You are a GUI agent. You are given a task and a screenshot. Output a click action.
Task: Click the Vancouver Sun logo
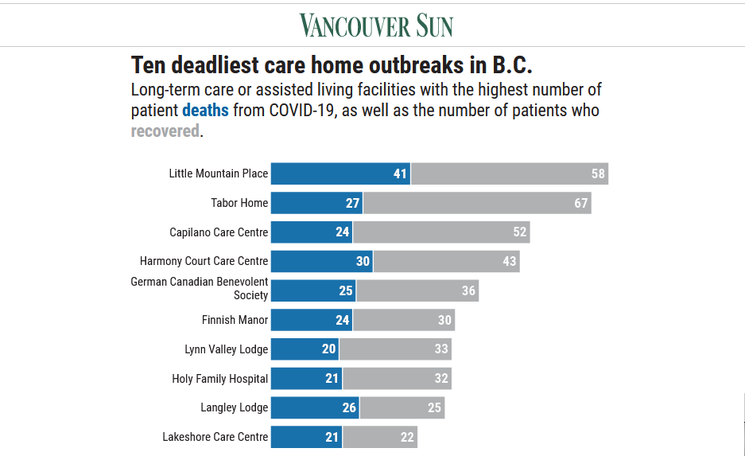pos(376,25)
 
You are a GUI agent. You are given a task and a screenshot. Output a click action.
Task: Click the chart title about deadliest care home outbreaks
pos(332,64)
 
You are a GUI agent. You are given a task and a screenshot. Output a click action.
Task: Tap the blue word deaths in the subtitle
pos(205,110)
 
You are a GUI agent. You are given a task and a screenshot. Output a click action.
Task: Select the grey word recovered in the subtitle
pos(165,131)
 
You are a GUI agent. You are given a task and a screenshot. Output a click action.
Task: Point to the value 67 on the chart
pos(581,203)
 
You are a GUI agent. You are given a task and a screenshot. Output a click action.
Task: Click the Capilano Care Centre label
pos(219,232)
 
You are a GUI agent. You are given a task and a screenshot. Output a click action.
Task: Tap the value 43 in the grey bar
pos(510,261)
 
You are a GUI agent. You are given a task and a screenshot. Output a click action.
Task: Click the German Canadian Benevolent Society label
pos(200,289)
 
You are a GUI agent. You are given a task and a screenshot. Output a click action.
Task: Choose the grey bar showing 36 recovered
pos(417,290)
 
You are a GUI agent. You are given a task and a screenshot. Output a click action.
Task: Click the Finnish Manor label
pos(235,320)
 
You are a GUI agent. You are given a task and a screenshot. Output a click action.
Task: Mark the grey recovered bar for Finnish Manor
pos(403,320)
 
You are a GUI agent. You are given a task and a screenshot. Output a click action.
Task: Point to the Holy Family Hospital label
pos(220,379)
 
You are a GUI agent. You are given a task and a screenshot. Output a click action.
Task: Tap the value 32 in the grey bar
pos(441,379)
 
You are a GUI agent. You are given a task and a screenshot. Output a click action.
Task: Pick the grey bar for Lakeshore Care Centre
pos(379,437)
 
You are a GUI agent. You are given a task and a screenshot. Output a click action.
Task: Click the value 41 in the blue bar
pos(400,173)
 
